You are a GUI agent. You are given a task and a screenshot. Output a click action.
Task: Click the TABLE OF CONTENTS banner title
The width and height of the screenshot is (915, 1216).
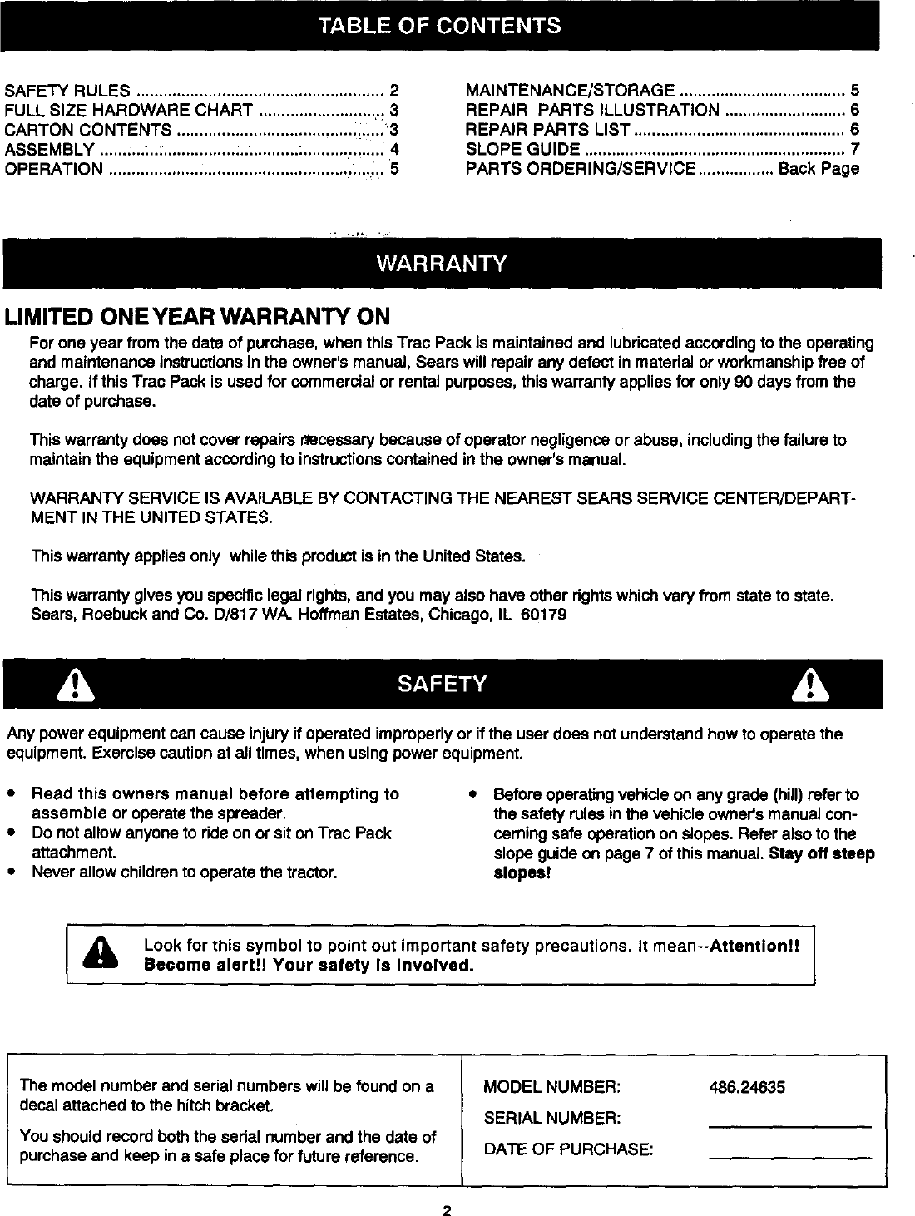[441, 26]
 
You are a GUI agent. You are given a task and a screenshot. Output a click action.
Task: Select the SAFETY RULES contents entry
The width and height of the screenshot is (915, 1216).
[67, 91]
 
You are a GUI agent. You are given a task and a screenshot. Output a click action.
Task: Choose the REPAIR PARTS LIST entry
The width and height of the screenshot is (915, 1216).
[547, 130]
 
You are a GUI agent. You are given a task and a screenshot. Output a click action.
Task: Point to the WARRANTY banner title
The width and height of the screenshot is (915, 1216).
[441, 264]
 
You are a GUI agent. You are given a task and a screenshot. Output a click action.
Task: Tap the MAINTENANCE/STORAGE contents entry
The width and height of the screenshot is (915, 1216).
[570, 91]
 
